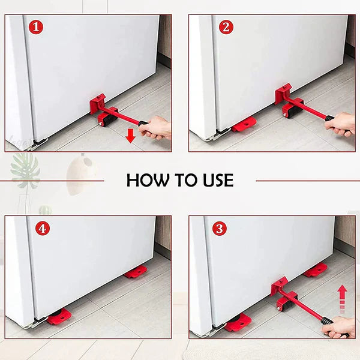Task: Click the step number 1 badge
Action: [36, 27]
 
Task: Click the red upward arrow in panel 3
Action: [343, 298]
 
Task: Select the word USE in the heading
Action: [214, 180]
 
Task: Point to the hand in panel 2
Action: [340, 124]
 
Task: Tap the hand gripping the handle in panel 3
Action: [338, 327]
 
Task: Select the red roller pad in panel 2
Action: [244, 125]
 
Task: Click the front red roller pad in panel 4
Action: [59, 316]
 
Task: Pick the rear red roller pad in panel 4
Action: [136, 272]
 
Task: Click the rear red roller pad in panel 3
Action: [315, 271]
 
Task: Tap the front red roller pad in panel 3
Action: [239, 322]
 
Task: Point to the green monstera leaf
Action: [26, 171]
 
